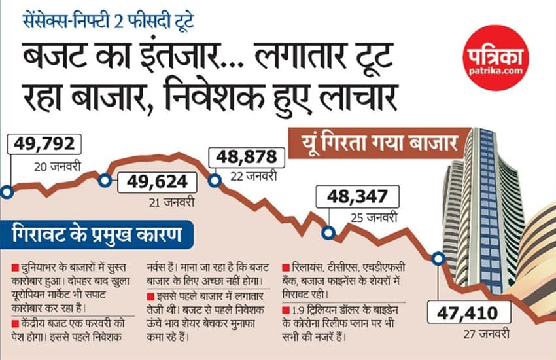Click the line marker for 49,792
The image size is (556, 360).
coord(6,192)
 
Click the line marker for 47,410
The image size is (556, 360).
coord(438,259)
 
